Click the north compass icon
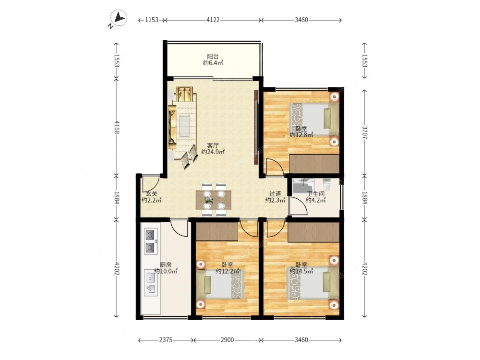(118, 19)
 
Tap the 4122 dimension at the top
(213, 20)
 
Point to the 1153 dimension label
(152, 20)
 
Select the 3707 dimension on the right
(365, 132)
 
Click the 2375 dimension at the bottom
(166, 340)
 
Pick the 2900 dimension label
(227, 340)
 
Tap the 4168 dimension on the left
(117, 127)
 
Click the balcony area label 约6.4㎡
(213, 63)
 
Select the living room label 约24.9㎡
(213, 152)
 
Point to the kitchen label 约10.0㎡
(166, 271)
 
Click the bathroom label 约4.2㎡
(316, 200)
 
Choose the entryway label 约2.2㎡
(152, 200)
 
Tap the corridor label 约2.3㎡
(275, 200)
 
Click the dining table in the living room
(214, 200)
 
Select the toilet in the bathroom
(327, 184)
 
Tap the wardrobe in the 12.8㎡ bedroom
(314, 164)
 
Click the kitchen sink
(151, 283)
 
